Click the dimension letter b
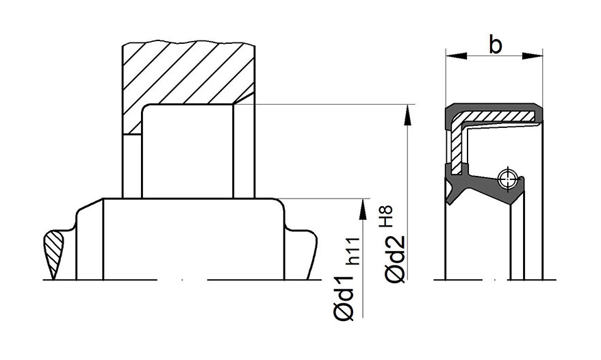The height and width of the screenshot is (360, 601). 495,45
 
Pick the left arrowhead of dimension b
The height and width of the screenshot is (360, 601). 457,56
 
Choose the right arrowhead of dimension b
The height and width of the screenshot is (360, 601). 533,56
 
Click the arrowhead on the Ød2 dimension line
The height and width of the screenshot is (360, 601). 408,114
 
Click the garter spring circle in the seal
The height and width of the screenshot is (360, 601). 508,179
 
